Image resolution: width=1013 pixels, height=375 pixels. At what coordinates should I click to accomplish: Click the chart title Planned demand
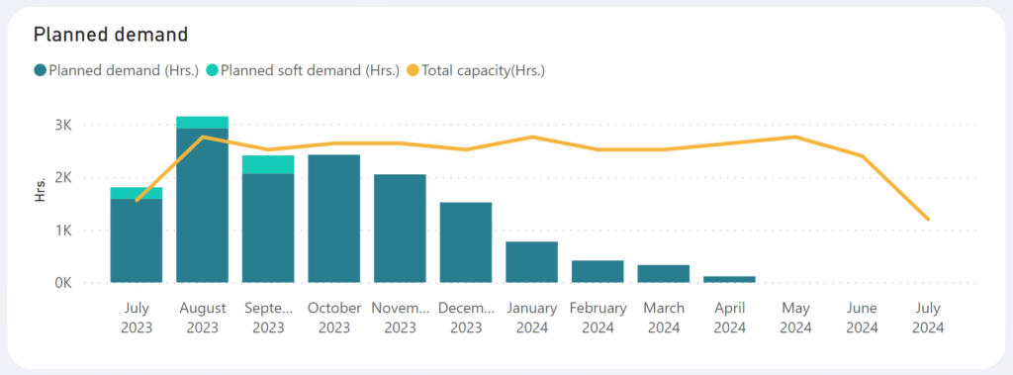pos(111,35)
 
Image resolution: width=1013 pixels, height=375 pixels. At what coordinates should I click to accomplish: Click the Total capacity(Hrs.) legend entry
pos(483,70)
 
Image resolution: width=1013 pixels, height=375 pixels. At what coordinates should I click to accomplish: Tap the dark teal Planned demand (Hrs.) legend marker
pos(40,70)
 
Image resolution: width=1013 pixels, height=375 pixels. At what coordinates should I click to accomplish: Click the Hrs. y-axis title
pos(41,191)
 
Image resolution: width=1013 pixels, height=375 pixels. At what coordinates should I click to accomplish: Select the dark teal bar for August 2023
pos(202,206)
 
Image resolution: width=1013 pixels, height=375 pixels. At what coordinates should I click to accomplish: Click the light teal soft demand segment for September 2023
pos(268,164)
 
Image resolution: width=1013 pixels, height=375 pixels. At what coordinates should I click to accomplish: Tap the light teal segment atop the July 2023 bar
pos(137,193)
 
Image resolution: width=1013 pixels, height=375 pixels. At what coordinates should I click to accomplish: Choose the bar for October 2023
pos(334,219)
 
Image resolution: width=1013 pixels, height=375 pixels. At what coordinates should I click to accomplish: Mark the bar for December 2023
pos(466,242)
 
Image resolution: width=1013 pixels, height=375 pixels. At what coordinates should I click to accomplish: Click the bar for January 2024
pos(531,262)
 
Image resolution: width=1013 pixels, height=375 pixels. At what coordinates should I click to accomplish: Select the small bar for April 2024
pos(729,279)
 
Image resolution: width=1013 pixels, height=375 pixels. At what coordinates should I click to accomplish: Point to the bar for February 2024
pos(598,271)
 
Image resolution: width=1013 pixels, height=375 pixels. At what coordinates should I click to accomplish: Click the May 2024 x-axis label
pos(795,317)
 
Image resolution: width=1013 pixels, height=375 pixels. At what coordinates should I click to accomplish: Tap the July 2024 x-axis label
pos(927,317)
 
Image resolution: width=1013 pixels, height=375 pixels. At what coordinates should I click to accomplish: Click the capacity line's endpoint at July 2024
pos(928,219)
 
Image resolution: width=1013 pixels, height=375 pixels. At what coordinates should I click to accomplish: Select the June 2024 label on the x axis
pos(862,317)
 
